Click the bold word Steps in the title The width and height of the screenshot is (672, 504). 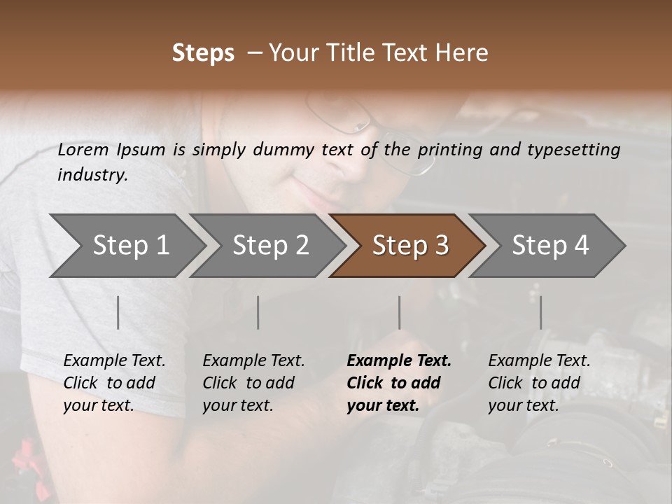pyautogui.click(x=203, y=53)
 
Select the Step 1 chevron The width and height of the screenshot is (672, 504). pyautogui.click(x=126, y=246)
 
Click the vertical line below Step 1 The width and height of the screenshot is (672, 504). pyautogui.click(x=118, y=312)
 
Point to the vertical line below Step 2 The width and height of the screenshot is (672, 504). pyautogui.click(x=258, y=312)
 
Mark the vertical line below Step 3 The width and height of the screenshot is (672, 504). pyautogui.click(x=399, y=312)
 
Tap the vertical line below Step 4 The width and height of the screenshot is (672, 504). pyautogui.click(x=540, y=312)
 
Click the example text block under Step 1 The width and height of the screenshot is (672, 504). pyautogui.click(x=114, y=383)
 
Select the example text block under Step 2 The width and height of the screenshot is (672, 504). pyautogui.click(x=253, y=383)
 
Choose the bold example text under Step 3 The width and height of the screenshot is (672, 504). pyautogui.click(x=399, y=383)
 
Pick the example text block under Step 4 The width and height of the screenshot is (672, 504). pyautogui.click(x=539, y=383)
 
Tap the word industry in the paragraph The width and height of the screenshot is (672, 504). pyautogui.click(x=92, y=175)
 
